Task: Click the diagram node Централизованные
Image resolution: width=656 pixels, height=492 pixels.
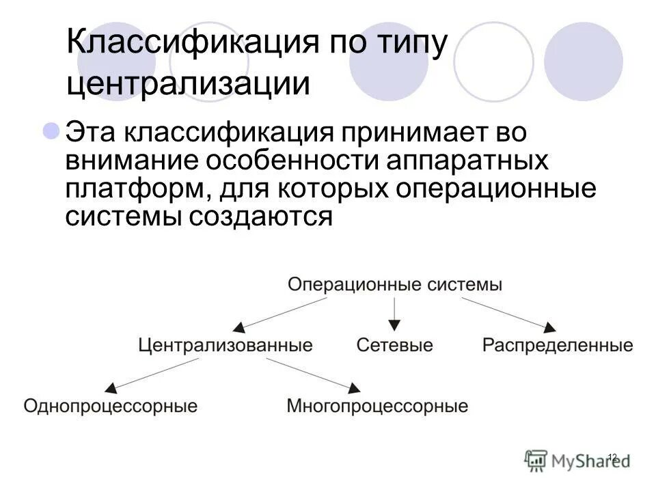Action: (x=225, y=345)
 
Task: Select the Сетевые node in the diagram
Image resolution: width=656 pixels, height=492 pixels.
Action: (x=394, y=345)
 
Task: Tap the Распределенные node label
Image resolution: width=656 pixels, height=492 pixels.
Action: (x=558, y=345)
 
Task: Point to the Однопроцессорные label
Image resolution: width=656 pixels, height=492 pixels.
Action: (x=110, y=407)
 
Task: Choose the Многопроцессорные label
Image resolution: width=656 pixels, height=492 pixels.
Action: (x=377, y=407)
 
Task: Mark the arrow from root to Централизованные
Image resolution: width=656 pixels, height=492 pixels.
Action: (x=273, y=315)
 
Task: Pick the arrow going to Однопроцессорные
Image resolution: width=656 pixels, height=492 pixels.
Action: (x=143, y=376)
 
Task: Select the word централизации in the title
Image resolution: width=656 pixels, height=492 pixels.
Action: (x=189, y=84)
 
